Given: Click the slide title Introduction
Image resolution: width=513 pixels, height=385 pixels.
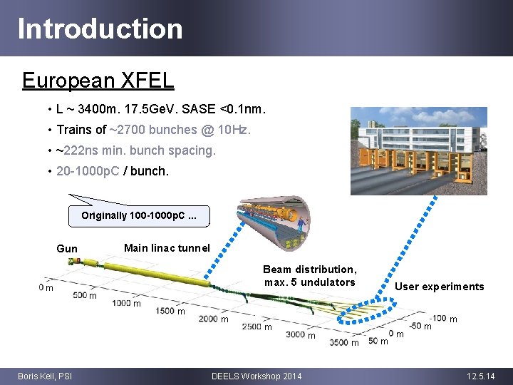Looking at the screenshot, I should (100, 29).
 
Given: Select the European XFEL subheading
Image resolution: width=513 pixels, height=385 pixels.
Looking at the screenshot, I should (98, 80).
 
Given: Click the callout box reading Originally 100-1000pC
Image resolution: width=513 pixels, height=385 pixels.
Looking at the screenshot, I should (139, 215).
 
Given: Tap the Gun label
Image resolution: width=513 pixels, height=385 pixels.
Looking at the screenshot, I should (67, 249).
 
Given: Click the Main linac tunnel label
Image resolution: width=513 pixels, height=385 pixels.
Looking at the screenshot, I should (167, 248).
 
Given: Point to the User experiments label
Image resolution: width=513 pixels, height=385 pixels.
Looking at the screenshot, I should (439, 287).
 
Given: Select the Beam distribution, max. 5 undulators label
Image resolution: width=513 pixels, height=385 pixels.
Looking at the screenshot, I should (309, 276).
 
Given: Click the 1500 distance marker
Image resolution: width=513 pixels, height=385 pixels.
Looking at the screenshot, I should (165, 310).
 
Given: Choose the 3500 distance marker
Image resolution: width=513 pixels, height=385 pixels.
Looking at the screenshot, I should (339, 342).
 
